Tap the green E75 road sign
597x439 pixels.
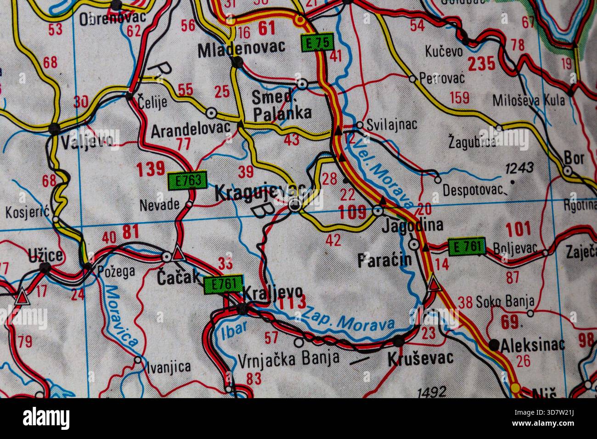point(316,43)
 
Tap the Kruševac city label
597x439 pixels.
point(420,357)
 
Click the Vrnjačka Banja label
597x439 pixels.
point(289,357)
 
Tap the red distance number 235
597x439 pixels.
point(482,64)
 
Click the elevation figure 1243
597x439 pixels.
point(519,168)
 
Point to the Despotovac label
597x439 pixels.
point(473,190)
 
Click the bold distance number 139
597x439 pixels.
point(150,169)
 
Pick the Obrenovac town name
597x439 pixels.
point(112,18)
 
